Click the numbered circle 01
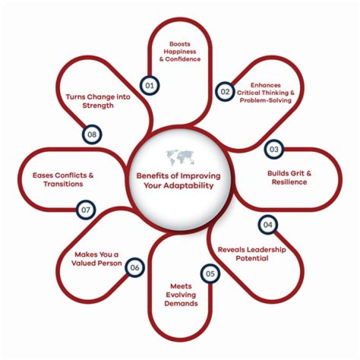149,85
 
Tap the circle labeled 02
225,91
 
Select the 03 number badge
274,149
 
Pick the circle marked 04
267,225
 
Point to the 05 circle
210,273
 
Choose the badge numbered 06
135,267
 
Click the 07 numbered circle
85,209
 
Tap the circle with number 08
92,134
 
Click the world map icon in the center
180,157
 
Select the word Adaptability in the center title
188,185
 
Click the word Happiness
180,51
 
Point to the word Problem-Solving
265,100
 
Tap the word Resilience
289,182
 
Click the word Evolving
181,295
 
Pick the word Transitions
63,184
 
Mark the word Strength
98,105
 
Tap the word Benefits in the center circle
152,176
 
